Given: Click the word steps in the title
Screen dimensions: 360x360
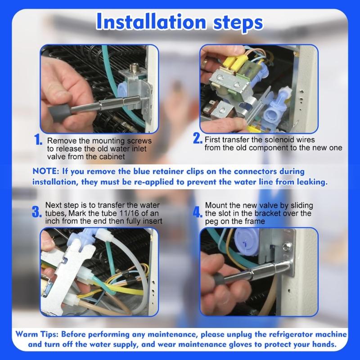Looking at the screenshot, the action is point(238,23).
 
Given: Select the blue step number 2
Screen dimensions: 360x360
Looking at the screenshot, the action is point(198,139).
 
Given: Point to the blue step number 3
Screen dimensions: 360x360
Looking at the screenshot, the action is point(37,212).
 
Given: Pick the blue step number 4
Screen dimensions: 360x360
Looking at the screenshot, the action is point(198,212).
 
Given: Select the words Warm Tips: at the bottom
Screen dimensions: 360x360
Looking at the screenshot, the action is point(37,334).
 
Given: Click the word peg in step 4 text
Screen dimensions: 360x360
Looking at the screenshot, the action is point(211,222).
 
